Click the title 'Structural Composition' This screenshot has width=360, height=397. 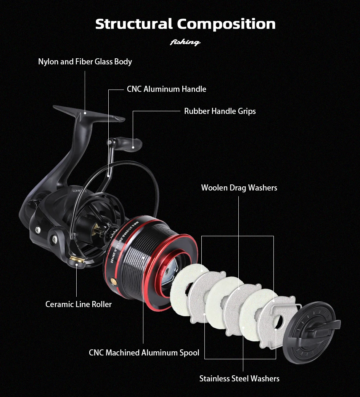coord(185,24)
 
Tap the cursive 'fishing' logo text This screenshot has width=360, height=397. coord(185,42)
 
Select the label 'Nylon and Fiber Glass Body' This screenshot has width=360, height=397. coord(85,62)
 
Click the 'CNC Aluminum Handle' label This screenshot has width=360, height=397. coord(166,89)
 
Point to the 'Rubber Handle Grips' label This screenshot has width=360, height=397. coord(220,111)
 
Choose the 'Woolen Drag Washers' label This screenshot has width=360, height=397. coord(239,188)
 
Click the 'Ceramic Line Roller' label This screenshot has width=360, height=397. coord(79,304)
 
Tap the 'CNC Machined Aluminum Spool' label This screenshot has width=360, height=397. coord(144,353)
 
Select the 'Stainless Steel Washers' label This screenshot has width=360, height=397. coord(239,378)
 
